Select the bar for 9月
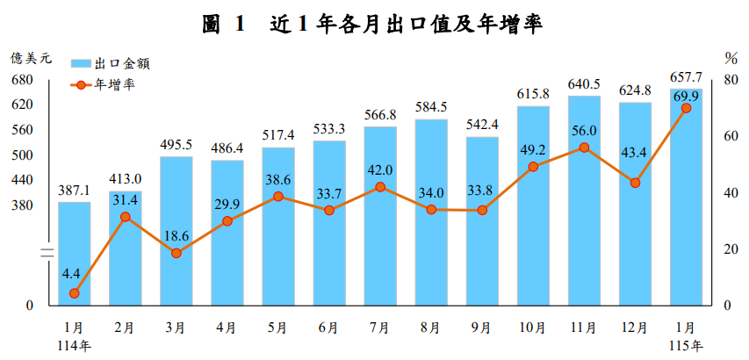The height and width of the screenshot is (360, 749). (482, 220)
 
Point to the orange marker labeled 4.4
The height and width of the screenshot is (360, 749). (75, 293)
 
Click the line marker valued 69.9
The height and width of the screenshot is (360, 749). (687, 108)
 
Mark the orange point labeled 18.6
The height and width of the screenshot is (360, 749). (176, 253)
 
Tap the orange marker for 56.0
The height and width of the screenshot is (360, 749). (584, 148)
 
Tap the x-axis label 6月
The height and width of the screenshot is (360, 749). (328, 328)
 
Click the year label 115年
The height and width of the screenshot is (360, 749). (686, 345)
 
